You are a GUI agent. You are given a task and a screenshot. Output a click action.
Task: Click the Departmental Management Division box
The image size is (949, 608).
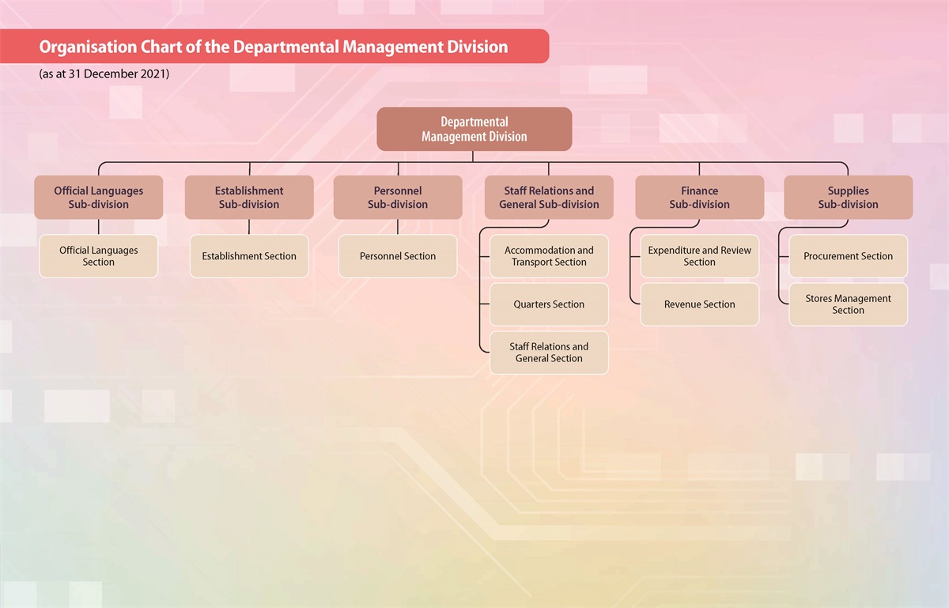coord(474,129)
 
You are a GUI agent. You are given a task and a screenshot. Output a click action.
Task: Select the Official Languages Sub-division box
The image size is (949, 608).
coord(99,197)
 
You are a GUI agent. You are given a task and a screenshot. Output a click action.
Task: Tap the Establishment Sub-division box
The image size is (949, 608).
coord(249,197)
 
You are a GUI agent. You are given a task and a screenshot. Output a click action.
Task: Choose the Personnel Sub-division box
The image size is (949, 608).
coord(398,197)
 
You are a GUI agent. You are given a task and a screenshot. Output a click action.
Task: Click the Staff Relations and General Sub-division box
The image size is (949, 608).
coord(549,197)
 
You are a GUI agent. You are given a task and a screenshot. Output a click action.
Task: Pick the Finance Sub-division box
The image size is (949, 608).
coord(699,197)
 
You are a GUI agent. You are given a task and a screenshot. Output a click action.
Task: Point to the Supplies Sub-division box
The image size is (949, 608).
coord(848,197)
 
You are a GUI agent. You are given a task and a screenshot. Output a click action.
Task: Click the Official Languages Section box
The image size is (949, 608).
coord(99,256)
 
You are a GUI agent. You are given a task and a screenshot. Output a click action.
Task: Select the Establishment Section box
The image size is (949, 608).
coord(249,256)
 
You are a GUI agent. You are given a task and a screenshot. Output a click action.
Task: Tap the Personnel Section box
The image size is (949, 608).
coord(398,256)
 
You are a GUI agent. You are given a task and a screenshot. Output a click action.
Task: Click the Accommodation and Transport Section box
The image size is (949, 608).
coord(549,256)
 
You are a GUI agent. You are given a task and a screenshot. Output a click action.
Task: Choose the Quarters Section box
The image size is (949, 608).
coord(549,304)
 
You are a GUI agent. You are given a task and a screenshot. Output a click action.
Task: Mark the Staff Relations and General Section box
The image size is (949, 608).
coord(549,353)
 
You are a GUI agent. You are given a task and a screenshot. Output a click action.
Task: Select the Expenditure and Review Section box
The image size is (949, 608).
coord(699,256)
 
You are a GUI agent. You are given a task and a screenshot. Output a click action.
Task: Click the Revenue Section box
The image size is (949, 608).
coord(699,304)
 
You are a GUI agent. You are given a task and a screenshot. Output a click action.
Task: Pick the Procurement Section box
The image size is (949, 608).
coord(848,256)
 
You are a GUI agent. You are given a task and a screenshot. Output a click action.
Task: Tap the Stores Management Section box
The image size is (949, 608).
coord(848,304)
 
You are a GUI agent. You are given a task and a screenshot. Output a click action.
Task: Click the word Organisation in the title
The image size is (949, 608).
coord(88,47)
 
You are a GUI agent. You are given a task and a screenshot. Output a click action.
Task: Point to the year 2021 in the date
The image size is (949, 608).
coord(153,74)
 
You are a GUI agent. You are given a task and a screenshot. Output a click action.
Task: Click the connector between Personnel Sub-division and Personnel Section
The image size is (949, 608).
coord(398,227)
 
